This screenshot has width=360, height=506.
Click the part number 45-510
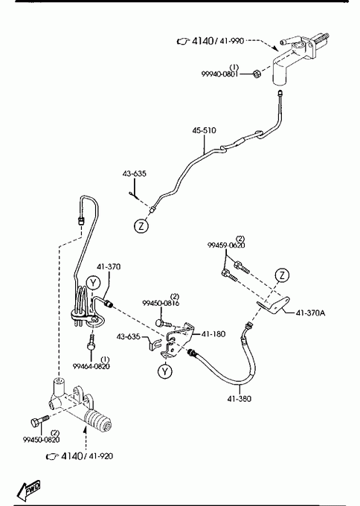point(205,130)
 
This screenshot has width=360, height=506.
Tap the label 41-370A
point(311,313)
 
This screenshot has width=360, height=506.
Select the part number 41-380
point(240,399)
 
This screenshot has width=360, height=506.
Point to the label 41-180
point(213,334)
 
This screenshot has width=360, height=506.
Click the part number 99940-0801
point(220,74)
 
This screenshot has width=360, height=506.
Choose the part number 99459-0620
point(226,246)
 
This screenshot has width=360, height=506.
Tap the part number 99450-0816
point(161,303)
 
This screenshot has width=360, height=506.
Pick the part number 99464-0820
point(91,366)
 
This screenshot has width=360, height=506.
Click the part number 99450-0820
point(42,440)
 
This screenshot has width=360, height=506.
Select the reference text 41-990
point(231,41)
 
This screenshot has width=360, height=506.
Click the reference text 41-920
point(100,456)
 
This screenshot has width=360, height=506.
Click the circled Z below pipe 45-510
point(141,226)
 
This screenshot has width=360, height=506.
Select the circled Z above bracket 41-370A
point(282,275)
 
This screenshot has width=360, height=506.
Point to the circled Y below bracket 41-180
point(165,371)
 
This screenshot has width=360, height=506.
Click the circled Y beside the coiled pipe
point(93,283)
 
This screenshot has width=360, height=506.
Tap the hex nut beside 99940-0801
point(256,74)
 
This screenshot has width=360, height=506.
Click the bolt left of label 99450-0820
point(39,420)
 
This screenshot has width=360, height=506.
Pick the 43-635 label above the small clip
point(134,173)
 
